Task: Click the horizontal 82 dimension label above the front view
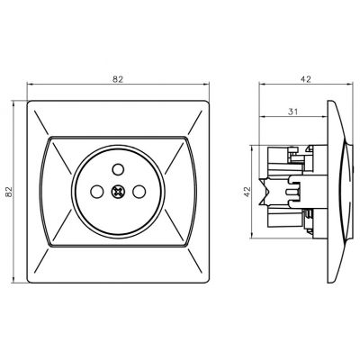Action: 118,79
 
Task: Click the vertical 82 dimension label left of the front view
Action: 9,192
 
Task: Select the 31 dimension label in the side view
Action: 292,112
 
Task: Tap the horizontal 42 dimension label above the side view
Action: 306,79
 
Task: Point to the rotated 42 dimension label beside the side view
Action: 247,192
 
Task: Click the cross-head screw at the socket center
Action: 118,192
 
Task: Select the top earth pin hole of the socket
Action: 118,169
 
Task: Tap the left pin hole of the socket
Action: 96,192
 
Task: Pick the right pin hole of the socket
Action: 139,192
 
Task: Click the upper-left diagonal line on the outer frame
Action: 41,122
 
